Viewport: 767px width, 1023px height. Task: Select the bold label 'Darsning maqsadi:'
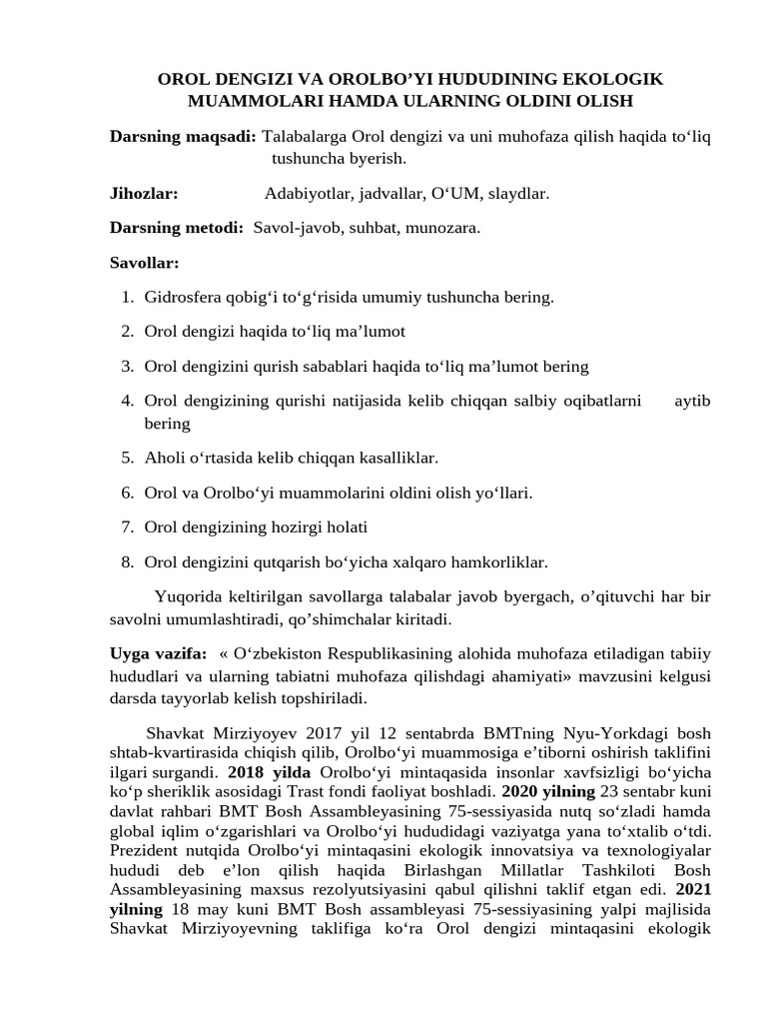(182, 135)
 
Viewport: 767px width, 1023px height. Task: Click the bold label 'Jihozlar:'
(144, 193)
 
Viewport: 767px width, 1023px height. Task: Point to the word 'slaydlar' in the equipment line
(518, 193)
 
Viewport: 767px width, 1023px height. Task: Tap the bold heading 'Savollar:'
(144, 263)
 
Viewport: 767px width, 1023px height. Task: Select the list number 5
(127, 458)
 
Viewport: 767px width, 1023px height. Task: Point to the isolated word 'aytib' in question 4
(692, 401)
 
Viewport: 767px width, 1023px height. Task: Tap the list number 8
(127, 561)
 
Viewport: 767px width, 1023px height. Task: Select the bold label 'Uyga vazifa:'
(158, 653)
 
